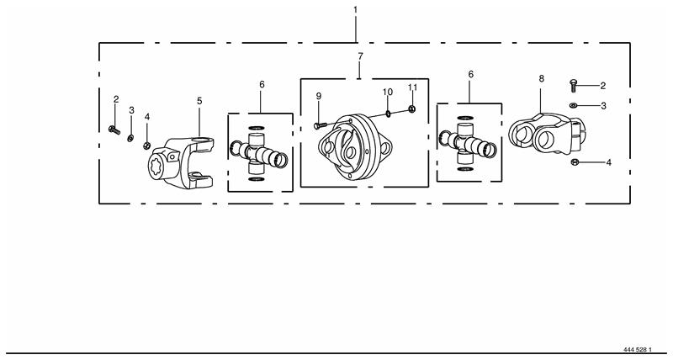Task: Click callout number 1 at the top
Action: [355, 9]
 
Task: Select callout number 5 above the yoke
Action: [199, 101]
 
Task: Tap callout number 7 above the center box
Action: [360, 56]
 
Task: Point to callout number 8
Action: [541, 78]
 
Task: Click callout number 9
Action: [319, 96]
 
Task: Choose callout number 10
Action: [388, 92]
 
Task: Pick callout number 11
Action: [412, 87]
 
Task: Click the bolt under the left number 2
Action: [114, 130]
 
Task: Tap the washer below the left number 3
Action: [130, 138]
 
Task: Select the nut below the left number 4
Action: [146, 146]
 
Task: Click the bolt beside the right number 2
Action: [573, 85]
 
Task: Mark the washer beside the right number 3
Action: [574, 105]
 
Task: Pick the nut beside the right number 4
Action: [575, 161]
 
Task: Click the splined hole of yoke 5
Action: [156, 166]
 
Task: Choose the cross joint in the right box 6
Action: [468, 143]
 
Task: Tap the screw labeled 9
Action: [321, 125]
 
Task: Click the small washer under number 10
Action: [388, 114]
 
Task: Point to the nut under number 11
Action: [411, 109]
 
